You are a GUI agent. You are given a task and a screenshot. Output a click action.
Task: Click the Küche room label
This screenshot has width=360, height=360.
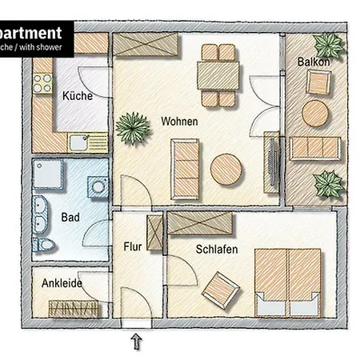[x=77, y=96]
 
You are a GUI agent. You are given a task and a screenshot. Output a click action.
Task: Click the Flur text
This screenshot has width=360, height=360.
[x=132, y=246]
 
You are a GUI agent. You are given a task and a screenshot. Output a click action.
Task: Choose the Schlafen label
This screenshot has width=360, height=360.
[x=217, y=250]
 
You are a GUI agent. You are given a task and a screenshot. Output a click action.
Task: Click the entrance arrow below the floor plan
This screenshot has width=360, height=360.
[x=137, y=342]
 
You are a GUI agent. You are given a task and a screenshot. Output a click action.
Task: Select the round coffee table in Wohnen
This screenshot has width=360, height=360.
[x=228, y=170]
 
